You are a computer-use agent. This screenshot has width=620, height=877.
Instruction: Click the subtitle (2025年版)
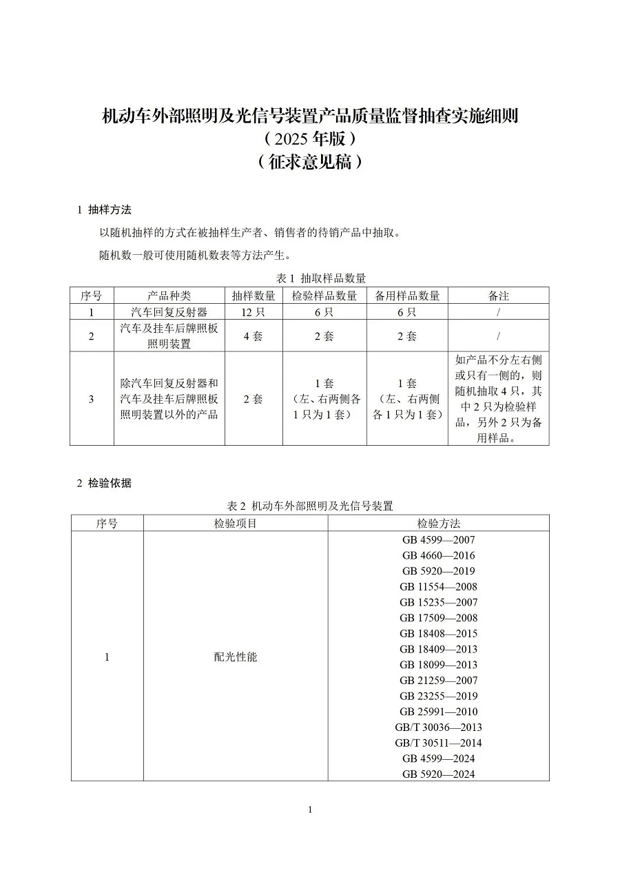tap(309, 138)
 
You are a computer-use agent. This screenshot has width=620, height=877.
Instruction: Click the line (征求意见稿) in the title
tap(309, 163)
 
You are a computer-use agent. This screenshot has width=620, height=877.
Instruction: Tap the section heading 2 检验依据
tap(104, 483)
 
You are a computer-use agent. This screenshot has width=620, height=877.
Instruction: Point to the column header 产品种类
tap(169, 296)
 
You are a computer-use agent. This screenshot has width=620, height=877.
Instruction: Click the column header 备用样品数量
tap(407, 296)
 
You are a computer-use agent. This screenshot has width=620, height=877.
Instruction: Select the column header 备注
tap(498, 296)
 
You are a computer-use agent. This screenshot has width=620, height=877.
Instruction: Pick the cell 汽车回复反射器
tap(169, 311)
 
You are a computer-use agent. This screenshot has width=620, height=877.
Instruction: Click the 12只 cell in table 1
tap(253, 311)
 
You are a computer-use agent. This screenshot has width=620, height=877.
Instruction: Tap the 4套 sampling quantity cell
tap(253, 336)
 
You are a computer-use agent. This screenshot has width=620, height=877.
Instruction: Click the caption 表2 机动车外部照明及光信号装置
tap(310, 506)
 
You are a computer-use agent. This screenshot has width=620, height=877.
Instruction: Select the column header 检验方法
tap(438, 524)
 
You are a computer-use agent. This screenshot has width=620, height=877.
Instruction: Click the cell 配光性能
tap(235, 657)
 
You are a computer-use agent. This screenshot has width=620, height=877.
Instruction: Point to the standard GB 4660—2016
tap(438, 555)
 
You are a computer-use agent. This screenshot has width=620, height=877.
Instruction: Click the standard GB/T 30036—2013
tap(438, 728)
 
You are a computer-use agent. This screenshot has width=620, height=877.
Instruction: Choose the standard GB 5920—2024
tap(438, 774)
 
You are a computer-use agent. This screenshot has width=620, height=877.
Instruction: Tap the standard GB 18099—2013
tap(438, 665)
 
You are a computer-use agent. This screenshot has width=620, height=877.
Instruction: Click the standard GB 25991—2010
tap(438, 712)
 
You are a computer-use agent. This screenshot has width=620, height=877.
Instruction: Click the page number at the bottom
tap(310, 810)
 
